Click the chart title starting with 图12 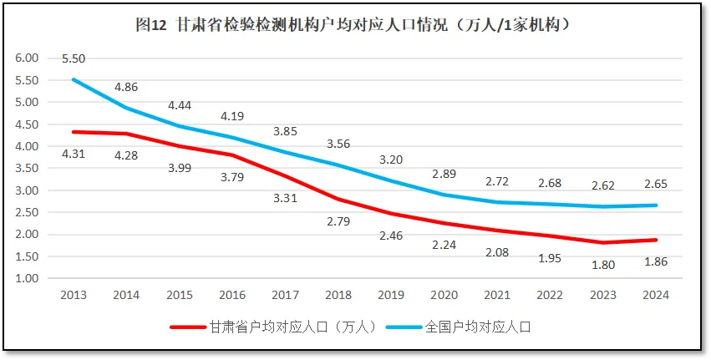354,25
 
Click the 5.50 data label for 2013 73,58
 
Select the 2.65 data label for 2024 655,184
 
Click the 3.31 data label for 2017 285,197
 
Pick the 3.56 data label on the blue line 338,143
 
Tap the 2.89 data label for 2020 444,173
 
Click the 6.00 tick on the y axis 28,58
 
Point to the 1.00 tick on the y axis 28,278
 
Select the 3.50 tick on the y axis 28,168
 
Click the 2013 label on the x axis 73,295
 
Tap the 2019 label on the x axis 391,295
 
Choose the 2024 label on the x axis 655,295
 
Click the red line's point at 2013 74,132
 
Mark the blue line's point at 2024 655,205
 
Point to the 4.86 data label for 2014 126,87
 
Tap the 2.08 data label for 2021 496,251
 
